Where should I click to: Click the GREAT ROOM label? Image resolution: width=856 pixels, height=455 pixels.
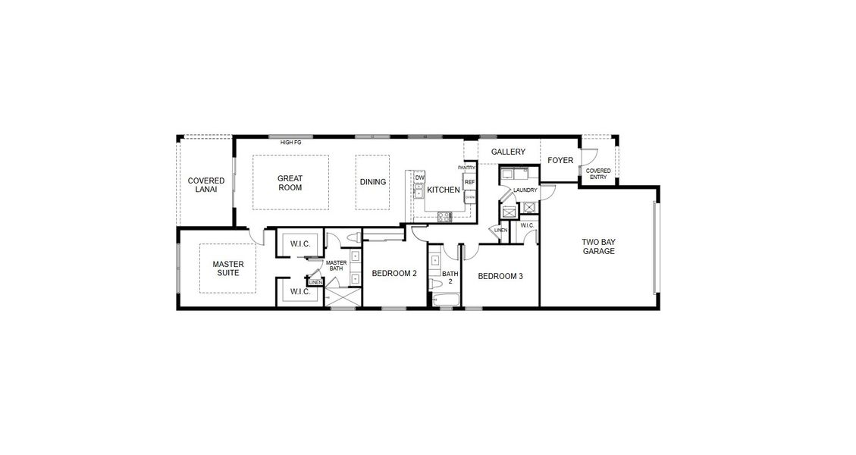click(x=290, y=183)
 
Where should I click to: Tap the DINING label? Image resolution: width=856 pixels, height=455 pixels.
click(x=373, y=182)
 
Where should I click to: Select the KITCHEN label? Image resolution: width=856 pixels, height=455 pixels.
click(x=443, y=190)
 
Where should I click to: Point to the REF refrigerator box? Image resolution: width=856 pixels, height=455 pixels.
click(x=469, y=183)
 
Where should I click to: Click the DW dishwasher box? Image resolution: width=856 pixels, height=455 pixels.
click(x=419, y=178)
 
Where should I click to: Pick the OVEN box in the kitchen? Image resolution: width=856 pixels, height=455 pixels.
click(x=469, y=196)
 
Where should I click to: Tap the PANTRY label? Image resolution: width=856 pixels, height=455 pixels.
click(x=466, y=168)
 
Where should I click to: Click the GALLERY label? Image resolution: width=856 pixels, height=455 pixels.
click(x=508, y=152)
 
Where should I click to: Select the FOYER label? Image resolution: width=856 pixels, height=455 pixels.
click(x=560, y=160)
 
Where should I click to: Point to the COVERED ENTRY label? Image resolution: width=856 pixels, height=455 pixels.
click(x=598, y=174)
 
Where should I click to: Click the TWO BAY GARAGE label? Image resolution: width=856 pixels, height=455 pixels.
click(x=598, y=246)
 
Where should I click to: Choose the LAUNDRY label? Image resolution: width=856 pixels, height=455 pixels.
click(x=525, y=190)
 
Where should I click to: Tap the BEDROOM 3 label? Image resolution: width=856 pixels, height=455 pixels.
click(x=500, y=277)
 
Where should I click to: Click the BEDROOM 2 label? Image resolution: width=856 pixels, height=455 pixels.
click(x=394, y=274)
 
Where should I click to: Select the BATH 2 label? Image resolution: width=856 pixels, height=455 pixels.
click(x=450, y=277)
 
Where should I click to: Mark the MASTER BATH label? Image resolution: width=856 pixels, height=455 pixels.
click(x=336, y=266)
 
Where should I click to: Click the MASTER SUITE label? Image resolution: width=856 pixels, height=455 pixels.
click(x=227, y=268)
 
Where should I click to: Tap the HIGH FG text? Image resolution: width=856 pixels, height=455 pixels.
click(x=291, y=143)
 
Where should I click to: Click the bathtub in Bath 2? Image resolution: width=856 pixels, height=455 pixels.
click(x=444, y=300)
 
